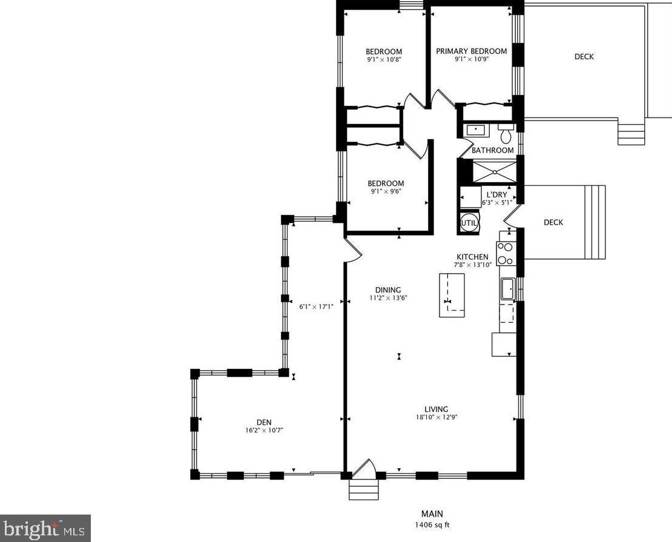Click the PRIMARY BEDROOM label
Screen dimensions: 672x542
[x=472, y=51]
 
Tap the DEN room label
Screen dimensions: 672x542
[x=264, y=422]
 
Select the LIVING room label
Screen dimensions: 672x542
[x=436, y=409]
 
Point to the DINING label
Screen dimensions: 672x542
[x=388, y=290]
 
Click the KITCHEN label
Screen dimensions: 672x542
[x=472, y=257]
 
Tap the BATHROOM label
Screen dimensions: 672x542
[x=492, y=150]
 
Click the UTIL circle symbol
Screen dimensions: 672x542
[x=469, y=223]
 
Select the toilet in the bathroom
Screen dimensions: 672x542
[x=506, y=133]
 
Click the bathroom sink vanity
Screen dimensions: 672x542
[x=475, y=130]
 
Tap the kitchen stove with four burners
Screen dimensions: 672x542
[x=506, y=253]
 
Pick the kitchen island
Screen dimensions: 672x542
[x=452, y=295]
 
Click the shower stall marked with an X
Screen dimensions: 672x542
[x=494, y=171]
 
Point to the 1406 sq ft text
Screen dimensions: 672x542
[x=432, y=524]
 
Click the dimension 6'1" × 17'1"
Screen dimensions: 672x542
[x=316, y=306]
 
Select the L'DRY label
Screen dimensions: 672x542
[x=496, y=194]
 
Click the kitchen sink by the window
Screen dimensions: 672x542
[x=509, y=289]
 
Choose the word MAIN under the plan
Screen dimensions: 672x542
[x=432, y=514]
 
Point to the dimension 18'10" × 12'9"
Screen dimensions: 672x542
[x=436, y=417]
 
